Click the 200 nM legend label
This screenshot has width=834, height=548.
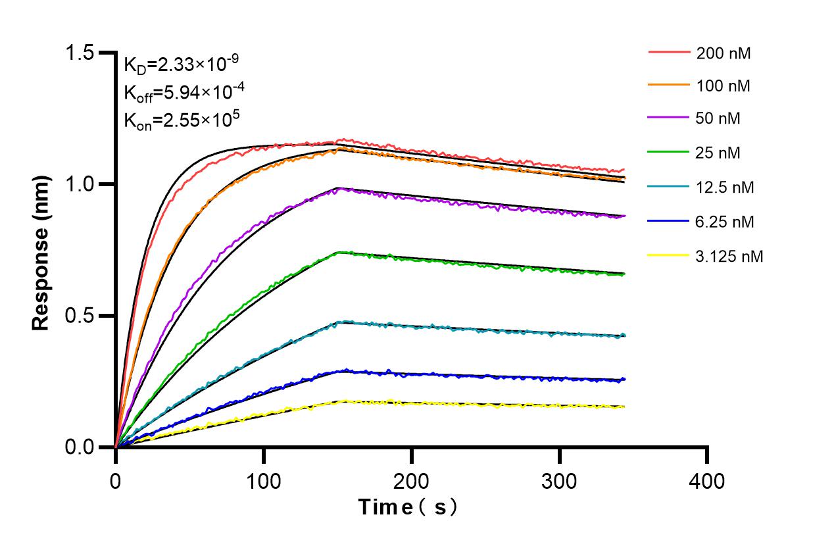(724, 53)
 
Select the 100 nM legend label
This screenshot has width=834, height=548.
(724, 86)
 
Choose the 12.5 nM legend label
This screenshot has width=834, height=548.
(725, 187)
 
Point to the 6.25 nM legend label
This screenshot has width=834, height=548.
(725, 222)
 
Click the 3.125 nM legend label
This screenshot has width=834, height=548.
(730, 256)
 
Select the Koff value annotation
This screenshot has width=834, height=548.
(182, 91)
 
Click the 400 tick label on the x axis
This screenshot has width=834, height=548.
(707, 482)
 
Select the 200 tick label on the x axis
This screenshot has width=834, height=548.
(412, 482)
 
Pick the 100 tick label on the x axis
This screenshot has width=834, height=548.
(264, 482)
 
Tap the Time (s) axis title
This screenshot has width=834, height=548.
(407, 507)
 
